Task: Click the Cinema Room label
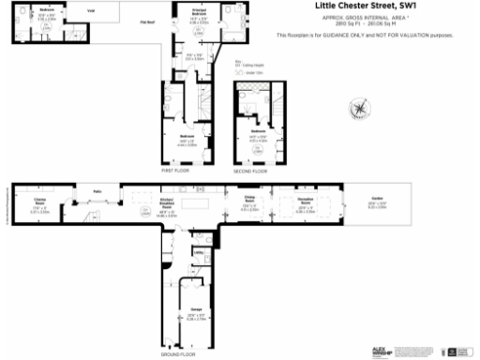click(40, 199)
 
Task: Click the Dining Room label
click(249, 201)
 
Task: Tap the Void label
click(90, 12)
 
